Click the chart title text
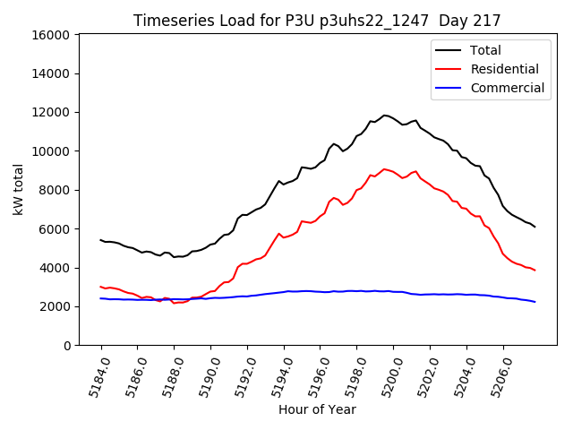pyautogui.click(x=317, y=20)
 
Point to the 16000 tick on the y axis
pyautogui.click(x=51, y=35)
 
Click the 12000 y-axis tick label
pyautogui.click(x=51, y=113)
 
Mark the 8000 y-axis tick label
pyautogui.click(x=55, y=190)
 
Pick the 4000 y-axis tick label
pyautogui.click(x=55, y=268)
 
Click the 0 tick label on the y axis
pyautogui.click(x=66, y=346)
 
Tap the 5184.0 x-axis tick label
pyautogui.click(x=93, y=376)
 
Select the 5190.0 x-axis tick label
pyautogui.click(x=203, y=376)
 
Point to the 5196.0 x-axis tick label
pyautogui.click(x=312, y=376)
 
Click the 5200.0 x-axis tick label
pyautogui.click(x=386, y=376)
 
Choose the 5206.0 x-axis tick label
pyautogui.click(x=495, y=376)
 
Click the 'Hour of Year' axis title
pyautogui.click(x=317, y=409)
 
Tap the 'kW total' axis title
pyautogui.click(x=18, y=190)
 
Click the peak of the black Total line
pyautogui.click(x=385, y=115)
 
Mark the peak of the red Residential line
pyautogui.click(x=384, y=168)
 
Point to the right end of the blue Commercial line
pyautogui.click(x=535, y=302)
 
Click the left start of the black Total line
pyautogui.click(x=101, y=240)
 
